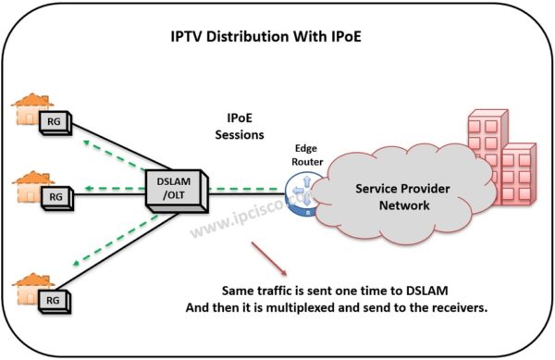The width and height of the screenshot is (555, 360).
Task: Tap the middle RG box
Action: tap(55, 196)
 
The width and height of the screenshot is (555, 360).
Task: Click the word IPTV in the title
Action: tap(191, 39)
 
